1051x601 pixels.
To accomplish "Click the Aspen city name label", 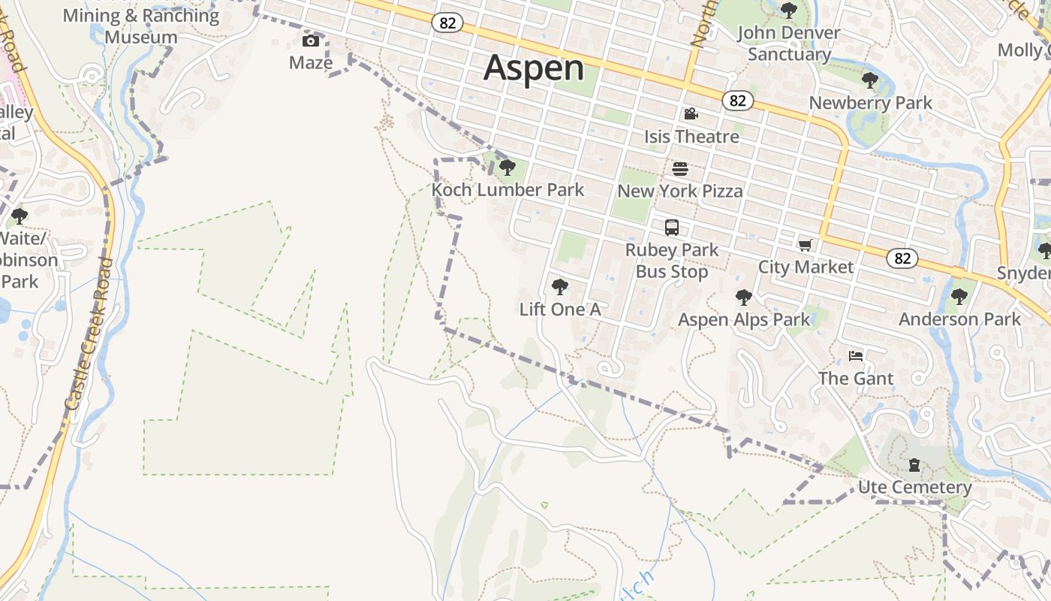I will click(x=534, y=68).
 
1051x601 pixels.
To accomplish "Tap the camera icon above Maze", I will click(x=310, y=41).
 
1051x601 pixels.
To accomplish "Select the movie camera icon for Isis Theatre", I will click(x=691, y=114).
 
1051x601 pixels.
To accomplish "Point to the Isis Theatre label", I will click(x=691, y=137).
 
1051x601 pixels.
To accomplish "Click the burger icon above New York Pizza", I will click(x=680, y=169).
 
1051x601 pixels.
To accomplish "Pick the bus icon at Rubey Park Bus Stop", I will click(x=672, y=227).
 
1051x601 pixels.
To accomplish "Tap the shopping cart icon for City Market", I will click(x=806, y=245).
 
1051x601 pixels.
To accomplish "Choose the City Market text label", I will click(x=806, y=267).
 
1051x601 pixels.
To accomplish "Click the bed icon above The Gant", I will click(x=856, y=355).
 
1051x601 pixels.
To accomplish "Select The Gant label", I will click(x=856, y=378).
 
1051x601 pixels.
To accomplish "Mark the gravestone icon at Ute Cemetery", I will click(x=914, y=466).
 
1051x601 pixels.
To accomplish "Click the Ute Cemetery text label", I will click(x=914, y=488).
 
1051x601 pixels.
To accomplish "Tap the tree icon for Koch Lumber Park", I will click(x=507, y=168).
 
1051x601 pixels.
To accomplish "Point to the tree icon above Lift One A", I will click(x=559, y=287).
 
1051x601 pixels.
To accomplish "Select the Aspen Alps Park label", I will click(x=744, y=319).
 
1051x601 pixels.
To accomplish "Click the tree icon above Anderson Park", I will click(x=959, y=297).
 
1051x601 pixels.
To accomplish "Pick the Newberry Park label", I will click(x=870, y=103).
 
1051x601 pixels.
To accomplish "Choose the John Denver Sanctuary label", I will click(x=788, y=44).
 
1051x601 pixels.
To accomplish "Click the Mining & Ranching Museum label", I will click(x=141, y=26).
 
